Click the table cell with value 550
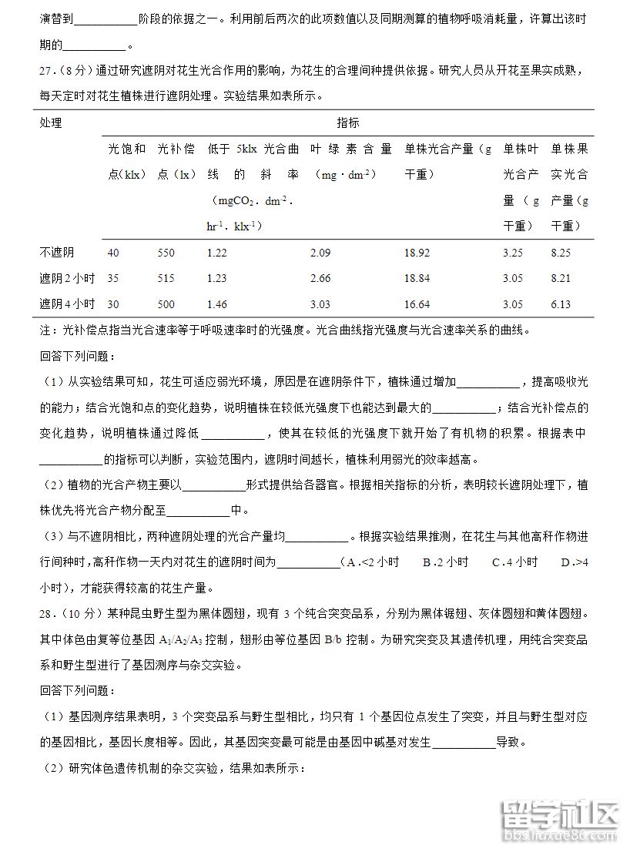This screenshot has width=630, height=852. pos(166,253)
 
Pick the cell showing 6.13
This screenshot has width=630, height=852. pos(561,304)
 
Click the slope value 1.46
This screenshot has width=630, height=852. pos(217,304)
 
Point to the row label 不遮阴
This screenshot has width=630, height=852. pos(57,253)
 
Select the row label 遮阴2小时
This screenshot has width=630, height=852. pos(67,278)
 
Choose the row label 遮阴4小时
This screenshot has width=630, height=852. pos(67,304)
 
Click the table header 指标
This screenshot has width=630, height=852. pos(347,123)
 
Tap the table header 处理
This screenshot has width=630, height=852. pos(51,123)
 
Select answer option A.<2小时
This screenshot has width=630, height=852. pos(373,562)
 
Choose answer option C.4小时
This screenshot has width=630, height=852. pos(514,562)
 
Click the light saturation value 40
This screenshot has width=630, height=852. pos(113,253)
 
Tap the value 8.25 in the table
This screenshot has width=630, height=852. pos(561,253)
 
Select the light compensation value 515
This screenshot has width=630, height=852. pos(166,278)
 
